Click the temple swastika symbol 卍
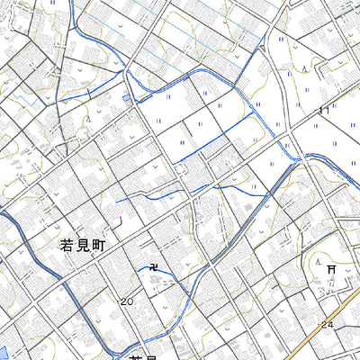[153, 267]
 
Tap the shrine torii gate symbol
[331, 268]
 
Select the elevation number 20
[125, 302]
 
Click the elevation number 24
[327, 324]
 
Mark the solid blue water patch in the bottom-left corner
[4, 351]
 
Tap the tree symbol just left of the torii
[316, 261]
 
